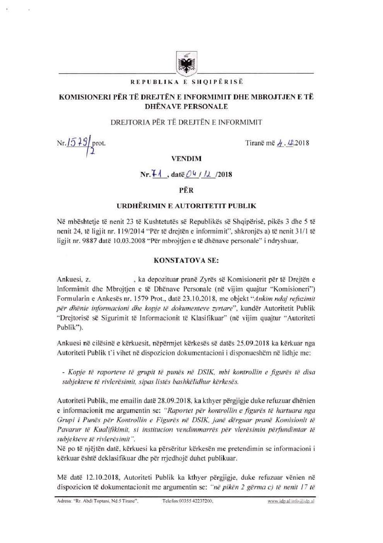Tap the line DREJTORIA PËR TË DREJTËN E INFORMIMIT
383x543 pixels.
pos(186,122)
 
